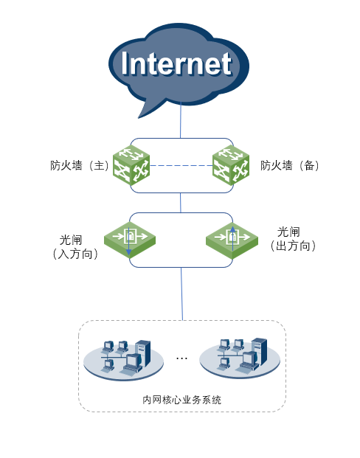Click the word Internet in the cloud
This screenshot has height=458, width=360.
click(176, 63)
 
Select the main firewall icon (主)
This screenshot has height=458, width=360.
click(131, 165)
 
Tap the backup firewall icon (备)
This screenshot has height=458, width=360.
click(231, 165)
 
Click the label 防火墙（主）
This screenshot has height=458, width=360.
click(80, 166)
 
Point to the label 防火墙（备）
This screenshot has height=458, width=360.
click(290, 166)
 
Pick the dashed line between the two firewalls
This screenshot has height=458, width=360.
click(181, 166)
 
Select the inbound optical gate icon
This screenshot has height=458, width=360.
click(130, 240)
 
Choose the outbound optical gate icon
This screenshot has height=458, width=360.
click(232, 240)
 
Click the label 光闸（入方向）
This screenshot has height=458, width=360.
click(75, 247)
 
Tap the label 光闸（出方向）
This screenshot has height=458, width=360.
click(293, 239)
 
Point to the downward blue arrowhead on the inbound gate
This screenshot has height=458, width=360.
click(129, 251)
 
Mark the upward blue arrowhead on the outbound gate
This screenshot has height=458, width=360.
click(232, 229)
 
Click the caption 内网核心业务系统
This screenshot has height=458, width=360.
click(181, 400)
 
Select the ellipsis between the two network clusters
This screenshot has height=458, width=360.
click(181, 358)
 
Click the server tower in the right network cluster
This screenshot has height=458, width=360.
click(259, 350)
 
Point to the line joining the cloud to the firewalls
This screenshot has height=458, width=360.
click(181, 120)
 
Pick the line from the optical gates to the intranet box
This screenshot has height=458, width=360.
click(181, 294)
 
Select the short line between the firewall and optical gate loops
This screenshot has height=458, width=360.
click(181, 203)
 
